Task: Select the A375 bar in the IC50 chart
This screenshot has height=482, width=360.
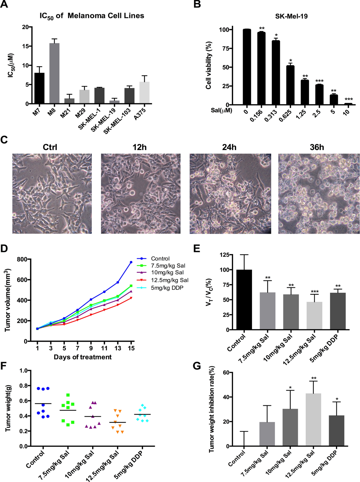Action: coord(144,93)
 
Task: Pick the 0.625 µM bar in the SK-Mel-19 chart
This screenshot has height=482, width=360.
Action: coord(290,85)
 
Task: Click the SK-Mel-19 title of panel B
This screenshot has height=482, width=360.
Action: coord(291,16)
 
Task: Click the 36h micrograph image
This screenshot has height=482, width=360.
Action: coord(319,194)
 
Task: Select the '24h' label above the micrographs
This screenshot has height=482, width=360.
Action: coord(229,147)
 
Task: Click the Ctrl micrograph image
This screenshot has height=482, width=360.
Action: coord(52,194)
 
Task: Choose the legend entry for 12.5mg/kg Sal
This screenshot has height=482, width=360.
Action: coord(169,280)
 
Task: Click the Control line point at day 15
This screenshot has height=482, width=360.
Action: coord(131,262)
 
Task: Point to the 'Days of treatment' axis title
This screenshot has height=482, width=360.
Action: coord(82,357)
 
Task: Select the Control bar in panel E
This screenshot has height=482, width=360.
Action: coord(244,300)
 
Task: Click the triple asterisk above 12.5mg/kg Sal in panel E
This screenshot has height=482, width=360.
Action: coord(315,292)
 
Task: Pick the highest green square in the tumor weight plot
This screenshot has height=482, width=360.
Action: coord(68,395)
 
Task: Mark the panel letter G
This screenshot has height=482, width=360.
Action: coord(197,366)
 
